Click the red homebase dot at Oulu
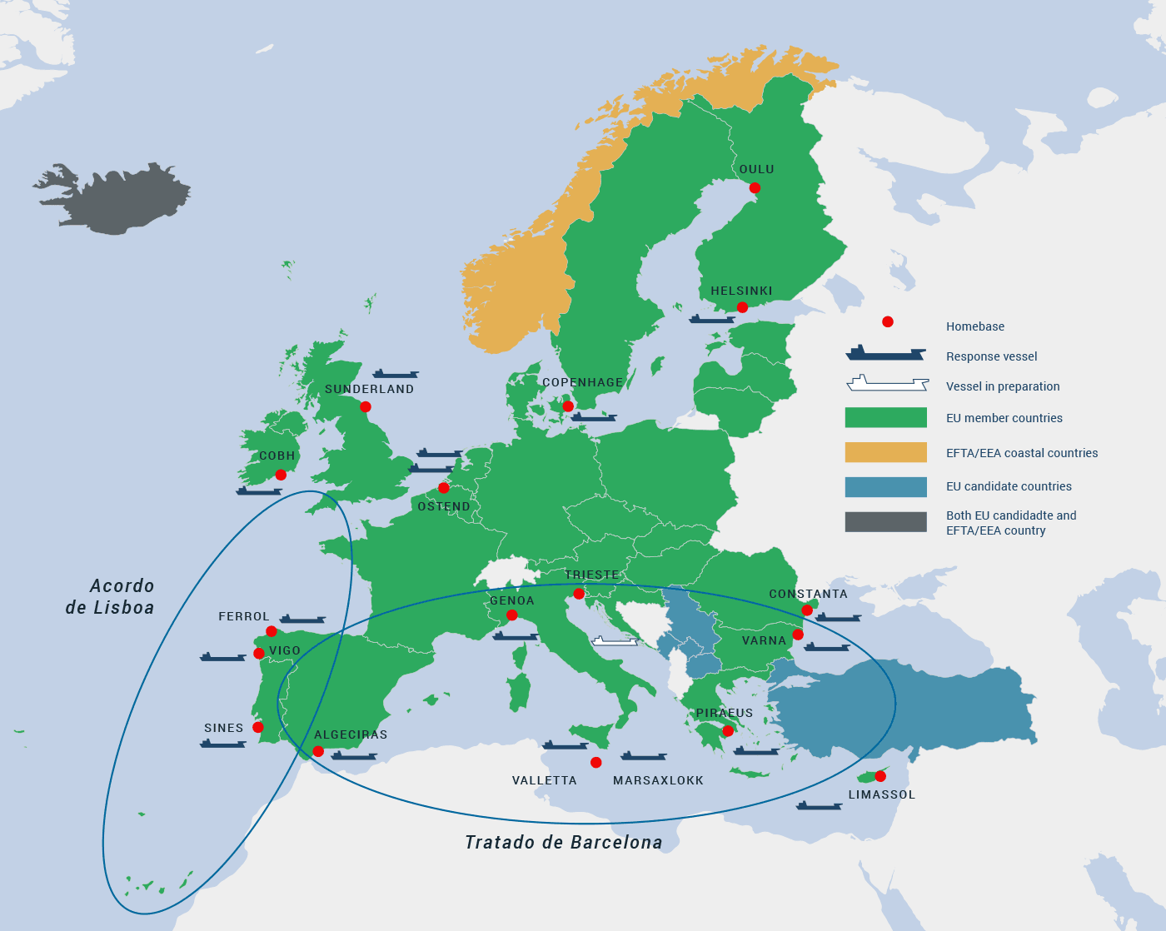click(x=755, y=187)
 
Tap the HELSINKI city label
click(x=741, y=291)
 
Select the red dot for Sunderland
click(x=365, y=407)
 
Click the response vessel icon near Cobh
click(x=258, y=491)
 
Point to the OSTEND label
click(x=443, y=506)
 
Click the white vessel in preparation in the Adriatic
click(x=615, y=641)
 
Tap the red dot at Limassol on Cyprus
click(x=880, y=776)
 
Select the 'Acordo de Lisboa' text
click(x=110, y=597)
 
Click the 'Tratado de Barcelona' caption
click(x=563, y=843)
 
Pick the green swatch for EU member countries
click(x=885, y=417)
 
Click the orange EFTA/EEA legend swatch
click(x=885, y=452)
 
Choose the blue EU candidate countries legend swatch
click(x=885, y=487)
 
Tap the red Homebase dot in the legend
click(x=888, y=321)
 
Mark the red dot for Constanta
click(x=807, y=610)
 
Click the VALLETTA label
click(x=544, y=780)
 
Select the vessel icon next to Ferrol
click(x=302, y=620)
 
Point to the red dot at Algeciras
click(x=318, y=751)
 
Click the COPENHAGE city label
click(x=582, y=382)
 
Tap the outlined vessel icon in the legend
click(x=887, y=384)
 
